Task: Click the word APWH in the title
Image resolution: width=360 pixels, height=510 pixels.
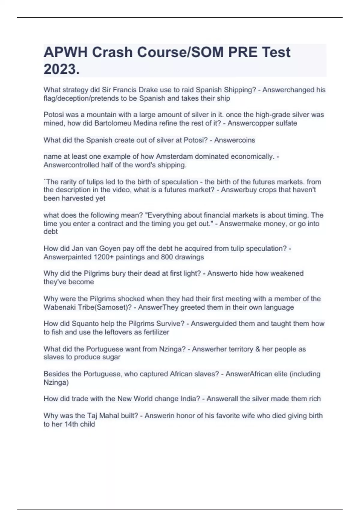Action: coord(66,52)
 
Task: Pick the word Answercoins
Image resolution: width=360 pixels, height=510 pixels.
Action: coord(235,140)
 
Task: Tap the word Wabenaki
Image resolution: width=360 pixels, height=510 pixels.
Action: coord(59,307)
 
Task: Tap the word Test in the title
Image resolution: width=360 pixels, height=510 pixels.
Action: coord(276,52)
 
